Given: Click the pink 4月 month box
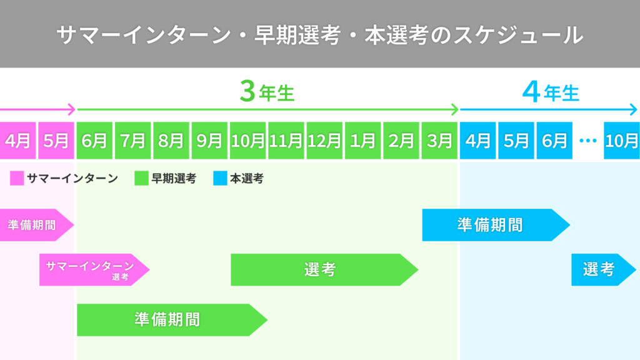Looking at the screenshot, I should [17, 141].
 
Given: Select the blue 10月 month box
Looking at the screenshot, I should [622, 141].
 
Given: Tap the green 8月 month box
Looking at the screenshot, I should [171, 141].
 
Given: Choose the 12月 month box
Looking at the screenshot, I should [324, 141].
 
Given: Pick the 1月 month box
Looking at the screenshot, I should [362, 141].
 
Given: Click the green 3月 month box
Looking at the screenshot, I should [439, 141].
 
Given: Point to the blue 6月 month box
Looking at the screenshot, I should [554, 141].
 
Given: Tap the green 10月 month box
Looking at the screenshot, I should [248, 141].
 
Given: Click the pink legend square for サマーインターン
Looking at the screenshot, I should [17, 179].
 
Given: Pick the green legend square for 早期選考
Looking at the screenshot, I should [141, 179].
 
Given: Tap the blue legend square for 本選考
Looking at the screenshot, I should [219, 179].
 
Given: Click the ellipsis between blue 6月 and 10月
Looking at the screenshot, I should [587, 141].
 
